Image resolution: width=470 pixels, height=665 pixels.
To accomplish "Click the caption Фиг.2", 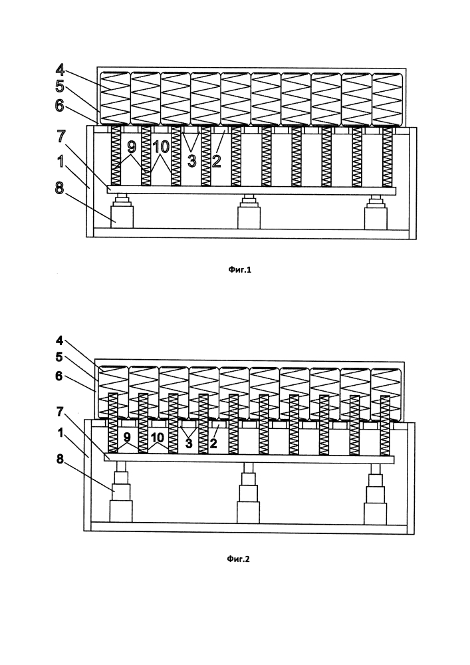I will [237, 559].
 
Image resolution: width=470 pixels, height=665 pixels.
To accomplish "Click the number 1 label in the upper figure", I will [60, 160].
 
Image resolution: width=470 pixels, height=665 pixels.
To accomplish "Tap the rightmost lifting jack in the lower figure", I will [376, 495].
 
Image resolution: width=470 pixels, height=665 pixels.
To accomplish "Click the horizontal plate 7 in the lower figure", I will [249, 459].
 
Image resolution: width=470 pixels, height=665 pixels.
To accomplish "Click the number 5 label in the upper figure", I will [60, 86].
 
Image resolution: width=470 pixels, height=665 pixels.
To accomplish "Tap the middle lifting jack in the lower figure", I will [248, 495].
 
